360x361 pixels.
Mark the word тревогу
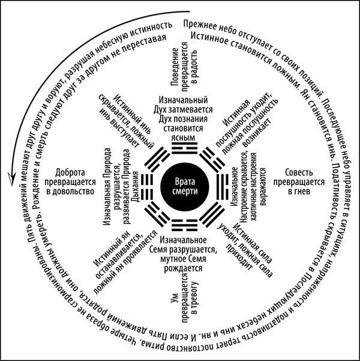pos(193,302)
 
